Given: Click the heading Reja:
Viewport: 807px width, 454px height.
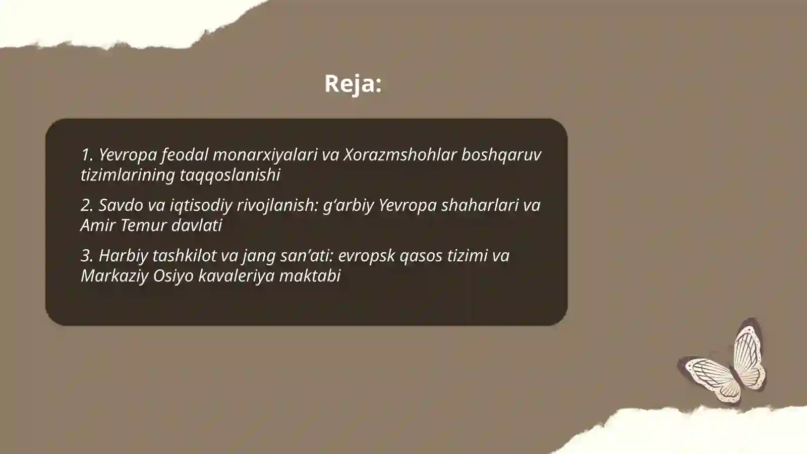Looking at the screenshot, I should point(353,83).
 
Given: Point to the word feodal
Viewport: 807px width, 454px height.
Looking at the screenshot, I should point(184,154).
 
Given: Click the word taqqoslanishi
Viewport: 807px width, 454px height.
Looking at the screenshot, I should point(230,175).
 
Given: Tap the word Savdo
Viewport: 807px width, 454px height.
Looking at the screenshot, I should point(120,205).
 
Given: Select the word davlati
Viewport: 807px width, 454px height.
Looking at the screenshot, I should point(197,225).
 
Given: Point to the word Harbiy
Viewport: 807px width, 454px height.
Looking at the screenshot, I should point(123,255).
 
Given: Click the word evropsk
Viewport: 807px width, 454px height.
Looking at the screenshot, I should point(367,255).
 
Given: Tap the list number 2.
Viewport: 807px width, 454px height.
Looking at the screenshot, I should point(86,205).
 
